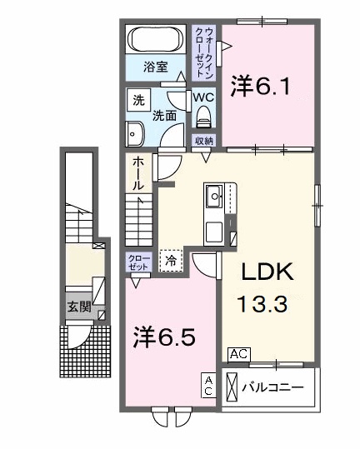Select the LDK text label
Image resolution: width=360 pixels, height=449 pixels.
pyautogui.click(x=267, y=273)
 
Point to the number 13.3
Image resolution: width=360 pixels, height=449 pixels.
pyautogui.click(x=264, y=305)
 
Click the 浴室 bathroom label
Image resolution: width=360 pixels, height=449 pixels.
pyautogui.click(x=154, y=65)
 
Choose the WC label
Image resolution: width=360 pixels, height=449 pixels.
pyautogui.click(x=204, y=97)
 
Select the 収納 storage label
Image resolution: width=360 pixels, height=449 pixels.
pyautogui.click(x=203, y=141)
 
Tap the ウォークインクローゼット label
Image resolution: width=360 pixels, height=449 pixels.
pyautogui.click(x=205, y=52)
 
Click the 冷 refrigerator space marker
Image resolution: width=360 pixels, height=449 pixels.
pyautogui.click(x=170, y=261)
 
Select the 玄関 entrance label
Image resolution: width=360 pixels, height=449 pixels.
pyautogui.click(x=79, y=306)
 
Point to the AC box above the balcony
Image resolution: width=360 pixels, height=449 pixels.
pyautogui.click(x=237, y=353)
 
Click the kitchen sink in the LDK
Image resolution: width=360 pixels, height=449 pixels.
pyautogui.click(x=215, y=197)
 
